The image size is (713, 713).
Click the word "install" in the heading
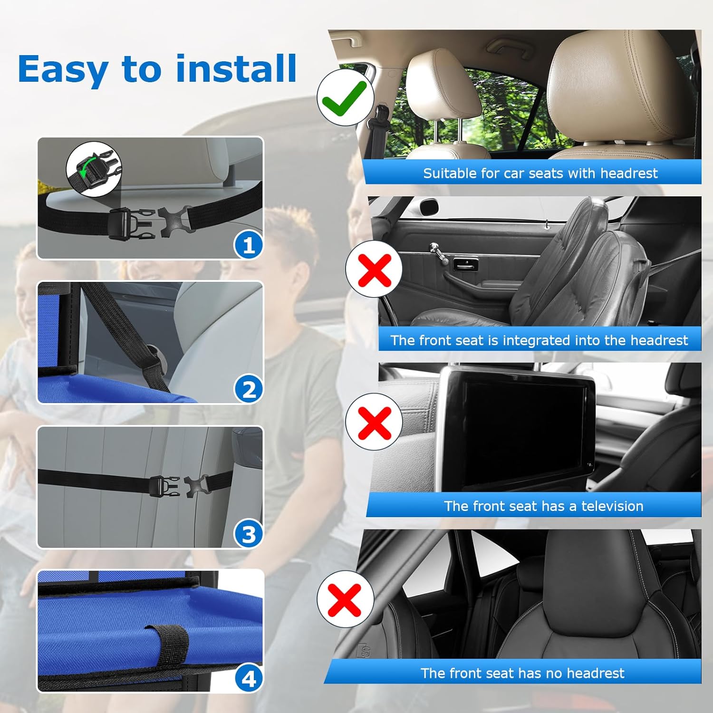pyautogui.click(x=236, y=69)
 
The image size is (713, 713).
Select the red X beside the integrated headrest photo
pyautogui.click(x=374, y=269)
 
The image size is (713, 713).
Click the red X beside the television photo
pyautogui.click(x=374, y=422)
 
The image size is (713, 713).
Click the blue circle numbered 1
pyautogui.click(x=248, y=245)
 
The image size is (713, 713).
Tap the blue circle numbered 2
pyautogui.click(x=248, y=390)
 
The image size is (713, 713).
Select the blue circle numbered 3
pyautogui.click(x=248, y=534)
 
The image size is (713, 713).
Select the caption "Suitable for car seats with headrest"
pyautogui.click(x=540, y=173)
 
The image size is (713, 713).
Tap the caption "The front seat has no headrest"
pyautogui.click(x=522, y=673)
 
